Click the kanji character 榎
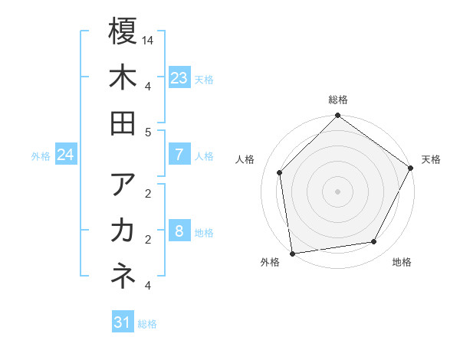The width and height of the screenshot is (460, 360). point(123,31)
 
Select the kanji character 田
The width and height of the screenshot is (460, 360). point(123,123)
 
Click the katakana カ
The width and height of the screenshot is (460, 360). point(123,231)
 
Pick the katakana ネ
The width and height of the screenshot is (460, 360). point(123,277)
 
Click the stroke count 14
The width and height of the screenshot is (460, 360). point(148,39)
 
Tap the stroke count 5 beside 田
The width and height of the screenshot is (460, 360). point(148,132)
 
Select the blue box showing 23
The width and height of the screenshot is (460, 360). point(179,77)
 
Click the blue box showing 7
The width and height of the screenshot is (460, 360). point(179,155)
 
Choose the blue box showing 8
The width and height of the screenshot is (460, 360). point(179,231)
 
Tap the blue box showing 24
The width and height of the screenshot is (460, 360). point(65,155)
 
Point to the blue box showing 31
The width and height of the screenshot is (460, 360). point(123,322)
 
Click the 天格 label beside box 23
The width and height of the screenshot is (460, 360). point(204,79)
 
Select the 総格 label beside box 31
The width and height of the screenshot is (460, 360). point(147,324)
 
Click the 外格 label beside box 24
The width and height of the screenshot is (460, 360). point(41,156)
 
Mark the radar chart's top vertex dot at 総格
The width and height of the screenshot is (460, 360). point(337,116)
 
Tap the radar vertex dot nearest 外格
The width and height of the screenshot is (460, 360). point(292,252)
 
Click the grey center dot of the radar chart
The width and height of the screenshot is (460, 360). point(337,191)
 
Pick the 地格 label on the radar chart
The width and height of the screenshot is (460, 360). point(402,263)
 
